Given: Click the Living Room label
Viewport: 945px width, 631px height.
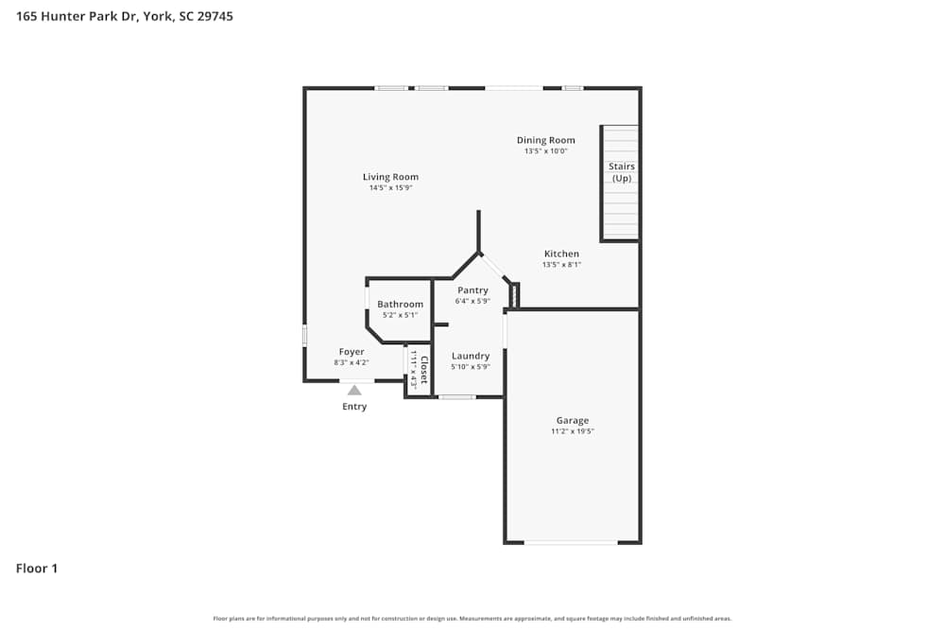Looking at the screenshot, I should (x=390, y=177).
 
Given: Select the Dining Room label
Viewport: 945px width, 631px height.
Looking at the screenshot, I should (x=545, y=140).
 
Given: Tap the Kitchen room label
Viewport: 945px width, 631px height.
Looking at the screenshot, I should (x=561, y=254).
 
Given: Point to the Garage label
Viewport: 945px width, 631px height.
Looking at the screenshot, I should (x=572, y=420).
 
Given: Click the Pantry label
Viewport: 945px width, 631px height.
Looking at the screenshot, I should (x=472, y=290).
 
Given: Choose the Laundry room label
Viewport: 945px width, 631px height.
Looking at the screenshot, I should (x=470, y=356).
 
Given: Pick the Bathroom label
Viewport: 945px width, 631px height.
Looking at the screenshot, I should (x=400, y=305).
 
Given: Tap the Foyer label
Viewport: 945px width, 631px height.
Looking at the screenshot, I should (x=352, y=352).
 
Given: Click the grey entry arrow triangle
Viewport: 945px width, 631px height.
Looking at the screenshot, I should (x=354, y=389).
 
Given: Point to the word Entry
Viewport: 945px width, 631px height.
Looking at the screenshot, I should (x=354, y=407).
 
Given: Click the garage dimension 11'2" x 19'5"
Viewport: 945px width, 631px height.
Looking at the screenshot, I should (x=572, y=431).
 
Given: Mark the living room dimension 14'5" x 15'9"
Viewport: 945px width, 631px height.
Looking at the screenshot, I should (x=390, y=188).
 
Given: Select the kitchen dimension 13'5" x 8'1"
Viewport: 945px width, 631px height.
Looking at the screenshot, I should (x=561, y=265).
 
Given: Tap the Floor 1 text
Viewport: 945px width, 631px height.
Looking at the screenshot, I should (x=37, y=569).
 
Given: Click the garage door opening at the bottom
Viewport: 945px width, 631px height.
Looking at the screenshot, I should (x=571, y=542).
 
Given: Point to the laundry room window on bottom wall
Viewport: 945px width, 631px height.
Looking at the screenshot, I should (x=457, y=396).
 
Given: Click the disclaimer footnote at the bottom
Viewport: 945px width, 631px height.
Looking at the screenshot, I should (x=472, y=619).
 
